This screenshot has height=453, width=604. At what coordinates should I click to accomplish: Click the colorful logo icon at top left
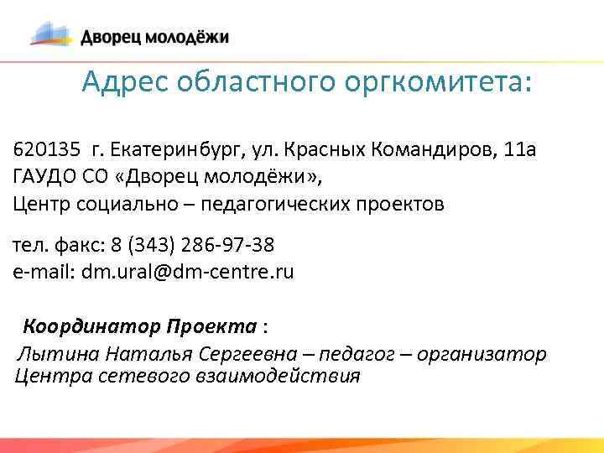pos(52,34)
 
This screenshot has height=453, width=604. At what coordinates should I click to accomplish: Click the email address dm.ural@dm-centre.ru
pos(188,272)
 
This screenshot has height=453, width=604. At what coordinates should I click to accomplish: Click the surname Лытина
pos(49,354)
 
